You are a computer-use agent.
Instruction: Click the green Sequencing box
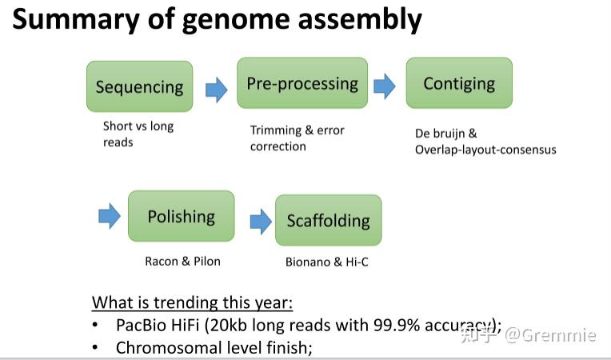139,86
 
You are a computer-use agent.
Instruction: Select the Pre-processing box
302,83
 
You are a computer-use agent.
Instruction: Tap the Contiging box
459,83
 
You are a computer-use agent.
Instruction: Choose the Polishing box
181,216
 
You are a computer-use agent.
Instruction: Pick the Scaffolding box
328,220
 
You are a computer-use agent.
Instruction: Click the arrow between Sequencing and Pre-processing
216,89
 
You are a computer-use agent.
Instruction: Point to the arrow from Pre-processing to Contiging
385,86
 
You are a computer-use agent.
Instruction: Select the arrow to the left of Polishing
109,215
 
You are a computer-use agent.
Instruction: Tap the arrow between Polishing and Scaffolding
260,221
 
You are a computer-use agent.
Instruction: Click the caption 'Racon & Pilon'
182,261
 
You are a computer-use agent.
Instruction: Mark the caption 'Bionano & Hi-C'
327,262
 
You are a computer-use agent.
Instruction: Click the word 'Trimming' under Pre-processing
276,130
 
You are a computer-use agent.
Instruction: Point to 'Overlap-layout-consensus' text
485,150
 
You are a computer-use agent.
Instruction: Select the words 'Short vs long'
138,126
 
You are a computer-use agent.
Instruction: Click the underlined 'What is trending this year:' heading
193,302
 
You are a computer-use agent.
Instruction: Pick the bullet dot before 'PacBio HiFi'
96,326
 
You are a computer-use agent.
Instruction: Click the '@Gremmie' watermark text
559,335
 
